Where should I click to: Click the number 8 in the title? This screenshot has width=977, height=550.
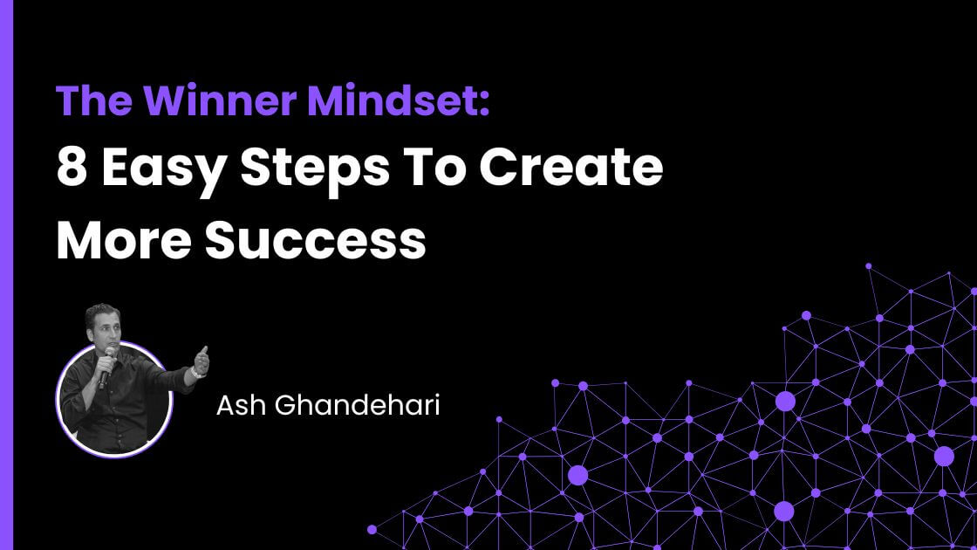click(x=70, y=168)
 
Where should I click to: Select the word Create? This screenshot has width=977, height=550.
click(x=571, y=168)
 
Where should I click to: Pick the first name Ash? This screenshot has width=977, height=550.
click(x=235, y=406)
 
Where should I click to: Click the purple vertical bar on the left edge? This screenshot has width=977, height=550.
click(x=7, y=275)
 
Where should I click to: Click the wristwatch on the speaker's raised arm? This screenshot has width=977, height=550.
click(x=196, y=372)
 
